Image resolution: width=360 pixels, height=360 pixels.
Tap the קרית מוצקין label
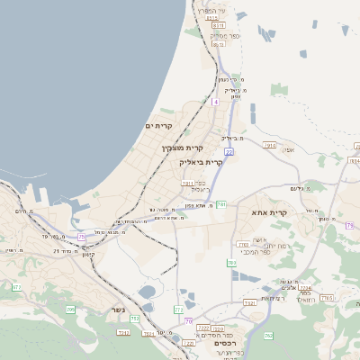point(183,148)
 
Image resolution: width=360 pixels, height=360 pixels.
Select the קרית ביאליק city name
point(201,162)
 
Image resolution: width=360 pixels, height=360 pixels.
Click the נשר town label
point(118,310)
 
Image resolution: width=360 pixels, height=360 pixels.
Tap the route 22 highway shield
point(229,153)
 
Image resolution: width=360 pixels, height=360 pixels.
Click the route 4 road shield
point(216,102)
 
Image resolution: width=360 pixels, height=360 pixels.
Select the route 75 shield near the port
point(82,237)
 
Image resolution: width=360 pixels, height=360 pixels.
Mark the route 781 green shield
point(220,205)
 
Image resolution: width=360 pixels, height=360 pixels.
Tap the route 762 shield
point(267,336)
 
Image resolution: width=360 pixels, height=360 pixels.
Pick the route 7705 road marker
point(328,297)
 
